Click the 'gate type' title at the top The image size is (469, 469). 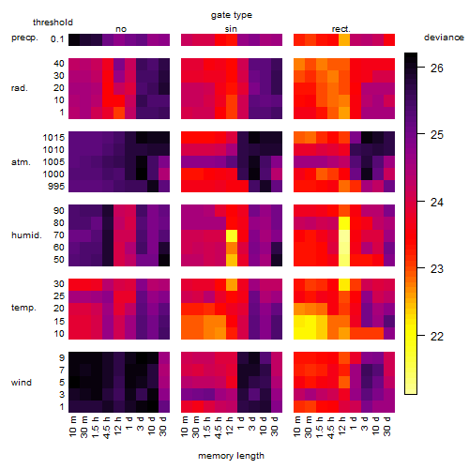[x=232, y=15]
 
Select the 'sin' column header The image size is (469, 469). [x=231, y=29]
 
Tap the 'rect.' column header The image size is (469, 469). [x=341, y=29]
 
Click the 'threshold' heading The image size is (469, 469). [x=53, y=23]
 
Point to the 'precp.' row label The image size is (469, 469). [x=24, y=38]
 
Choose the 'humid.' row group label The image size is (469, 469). [x=26, y=234]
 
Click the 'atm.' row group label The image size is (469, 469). [x=21, y=162]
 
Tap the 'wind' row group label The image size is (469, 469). [x=22, y=382]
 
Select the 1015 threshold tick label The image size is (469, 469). [x=53, y=137]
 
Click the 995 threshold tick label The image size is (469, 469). [x=56, y=187]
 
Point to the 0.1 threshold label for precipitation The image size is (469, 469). [x=57, y=39]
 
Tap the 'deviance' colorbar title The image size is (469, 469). [x=444, y=38]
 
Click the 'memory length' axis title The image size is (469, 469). [x=232, y=456]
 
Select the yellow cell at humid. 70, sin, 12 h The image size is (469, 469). [x=232, y=235]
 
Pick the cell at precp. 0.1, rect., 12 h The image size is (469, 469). [x=344, y=39]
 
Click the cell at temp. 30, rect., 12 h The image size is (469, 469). [x=344, y=284]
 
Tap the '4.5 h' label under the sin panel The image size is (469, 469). [x=219, y=428]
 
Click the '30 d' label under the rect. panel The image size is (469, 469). [x=387, y=426]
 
